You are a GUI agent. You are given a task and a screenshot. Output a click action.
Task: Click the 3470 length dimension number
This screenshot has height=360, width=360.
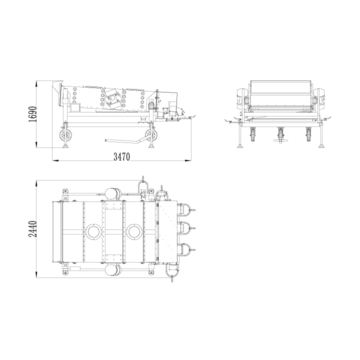pos(121,157)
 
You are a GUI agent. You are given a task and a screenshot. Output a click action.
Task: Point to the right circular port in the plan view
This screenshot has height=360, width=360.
pos(133,231)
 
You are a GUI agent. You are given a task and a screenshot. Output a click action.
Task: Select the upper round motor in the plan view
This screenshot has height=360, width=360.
pos(113,193)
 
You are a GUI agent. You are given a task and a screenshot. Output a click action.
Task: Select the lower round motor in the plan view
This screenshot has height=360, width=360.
pos(113,269)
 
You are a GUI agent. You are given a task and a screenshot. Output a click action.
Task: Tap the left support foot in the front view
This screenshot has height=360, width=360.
pos(241,145)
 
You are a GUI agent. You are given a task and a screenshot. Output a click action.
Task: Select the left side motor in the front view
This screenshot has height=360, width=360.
pos(240,96)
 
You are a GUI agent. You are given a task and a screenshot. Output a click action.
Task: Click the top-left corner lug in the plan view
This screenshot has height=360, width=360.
pos(64,191)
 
